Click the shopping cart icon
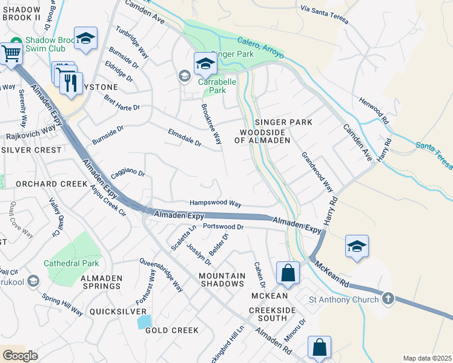tap(11, 53)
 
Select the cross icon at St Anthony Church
tap(388, 299)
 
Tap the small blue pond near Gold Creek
tap(144, 321)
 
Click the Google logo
tap(20, 355)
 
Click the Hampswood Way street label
tap(215, 204)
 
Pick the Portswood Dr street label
tap(222, 227)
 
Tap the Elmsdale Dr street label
tap(184, 137)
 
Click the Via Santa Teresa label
tap(325, 14)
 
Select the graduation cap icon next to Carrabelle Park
tap(205, 62)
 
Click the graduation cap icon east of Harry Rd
tap(357, 246)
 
